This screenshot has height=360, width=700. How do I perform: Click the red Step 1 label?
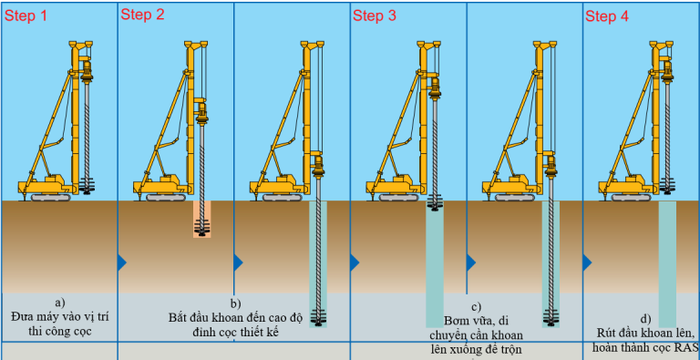[x=26, y=16]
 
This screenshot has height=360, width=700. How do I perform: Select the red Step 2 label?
[x=142, y=15]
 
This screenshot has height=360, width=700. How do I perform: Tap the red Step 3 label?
[x=375, y=16]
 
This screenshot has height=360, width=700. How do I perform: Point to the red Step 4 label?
[x=607, y=16]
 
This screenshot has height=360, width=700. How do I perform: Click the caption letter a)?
[x=59, y=303]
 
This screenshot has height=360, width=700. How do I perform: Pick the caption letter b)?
[x=235, y=303]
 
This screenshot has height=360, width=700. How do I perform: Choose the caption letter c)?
[x=477, y=306]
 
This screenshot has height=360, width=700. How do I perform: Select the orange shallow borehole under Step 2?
[x=201, y=219]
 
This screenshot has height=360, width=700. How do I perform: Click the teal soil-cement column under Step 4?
[x=667, y=264]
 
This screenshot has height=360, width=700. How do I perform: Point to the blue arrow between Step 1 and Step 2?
[x=122, y=262]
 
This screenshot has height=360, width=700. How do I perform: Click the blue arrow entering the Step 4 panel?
[x=587, y=262]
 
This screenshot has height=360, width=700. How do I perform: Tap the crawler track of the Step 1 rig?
[x=51, y=197]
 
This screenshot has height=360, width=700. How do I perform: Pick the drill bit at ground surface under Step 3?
[x=434, y=202]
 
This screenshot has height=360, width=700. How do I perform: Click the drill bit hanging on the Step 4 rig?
[x=667, y=185]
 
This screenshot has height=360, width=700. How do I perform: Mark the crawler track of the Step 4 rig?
[x=633, y=197]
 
